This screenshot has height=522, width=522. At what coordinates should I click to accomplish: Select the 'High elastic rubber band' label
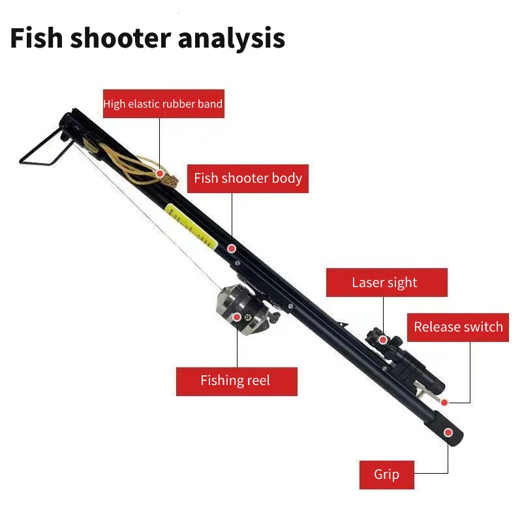162,104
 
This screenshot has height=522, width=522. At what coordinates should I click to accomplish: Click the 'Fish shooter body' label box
248,178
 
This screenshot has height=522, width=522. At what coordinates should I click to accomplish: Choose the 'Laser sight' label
384,283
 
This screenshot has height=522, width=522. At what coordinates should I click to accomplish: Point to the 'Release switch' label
458,327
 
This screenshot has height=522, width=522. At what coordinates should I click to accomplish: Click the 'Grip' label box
386,474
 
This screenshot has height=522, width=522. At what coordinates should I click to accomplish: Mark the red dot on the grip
448,432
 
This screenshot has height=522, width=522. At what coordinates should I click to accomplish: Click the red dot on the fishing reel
237,318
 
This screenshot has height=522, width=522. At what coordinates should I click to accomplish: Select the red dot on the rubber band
160,174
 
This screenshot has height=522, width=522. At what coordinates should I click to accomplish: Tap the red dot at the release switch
444,402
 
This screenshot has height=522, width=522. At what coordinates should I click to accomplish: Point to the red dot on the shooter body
231,249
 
